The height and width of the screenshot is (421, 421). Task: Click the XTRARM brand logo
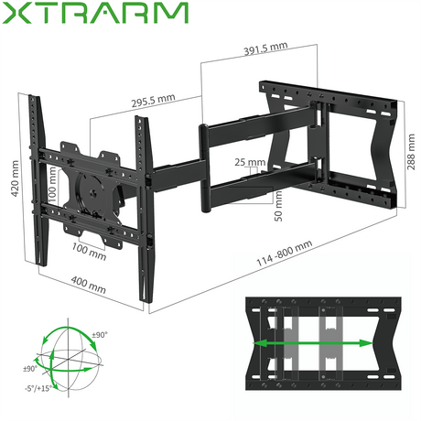[x=93, y=16]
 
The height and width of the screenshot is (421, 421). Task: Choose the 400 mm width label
[x=86, y=285]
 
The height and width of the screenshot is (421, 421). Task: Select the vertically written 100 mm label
[x=52, y=190]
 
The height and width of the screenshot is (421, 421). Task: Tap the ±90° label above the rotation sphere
[x=97, y=335]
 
